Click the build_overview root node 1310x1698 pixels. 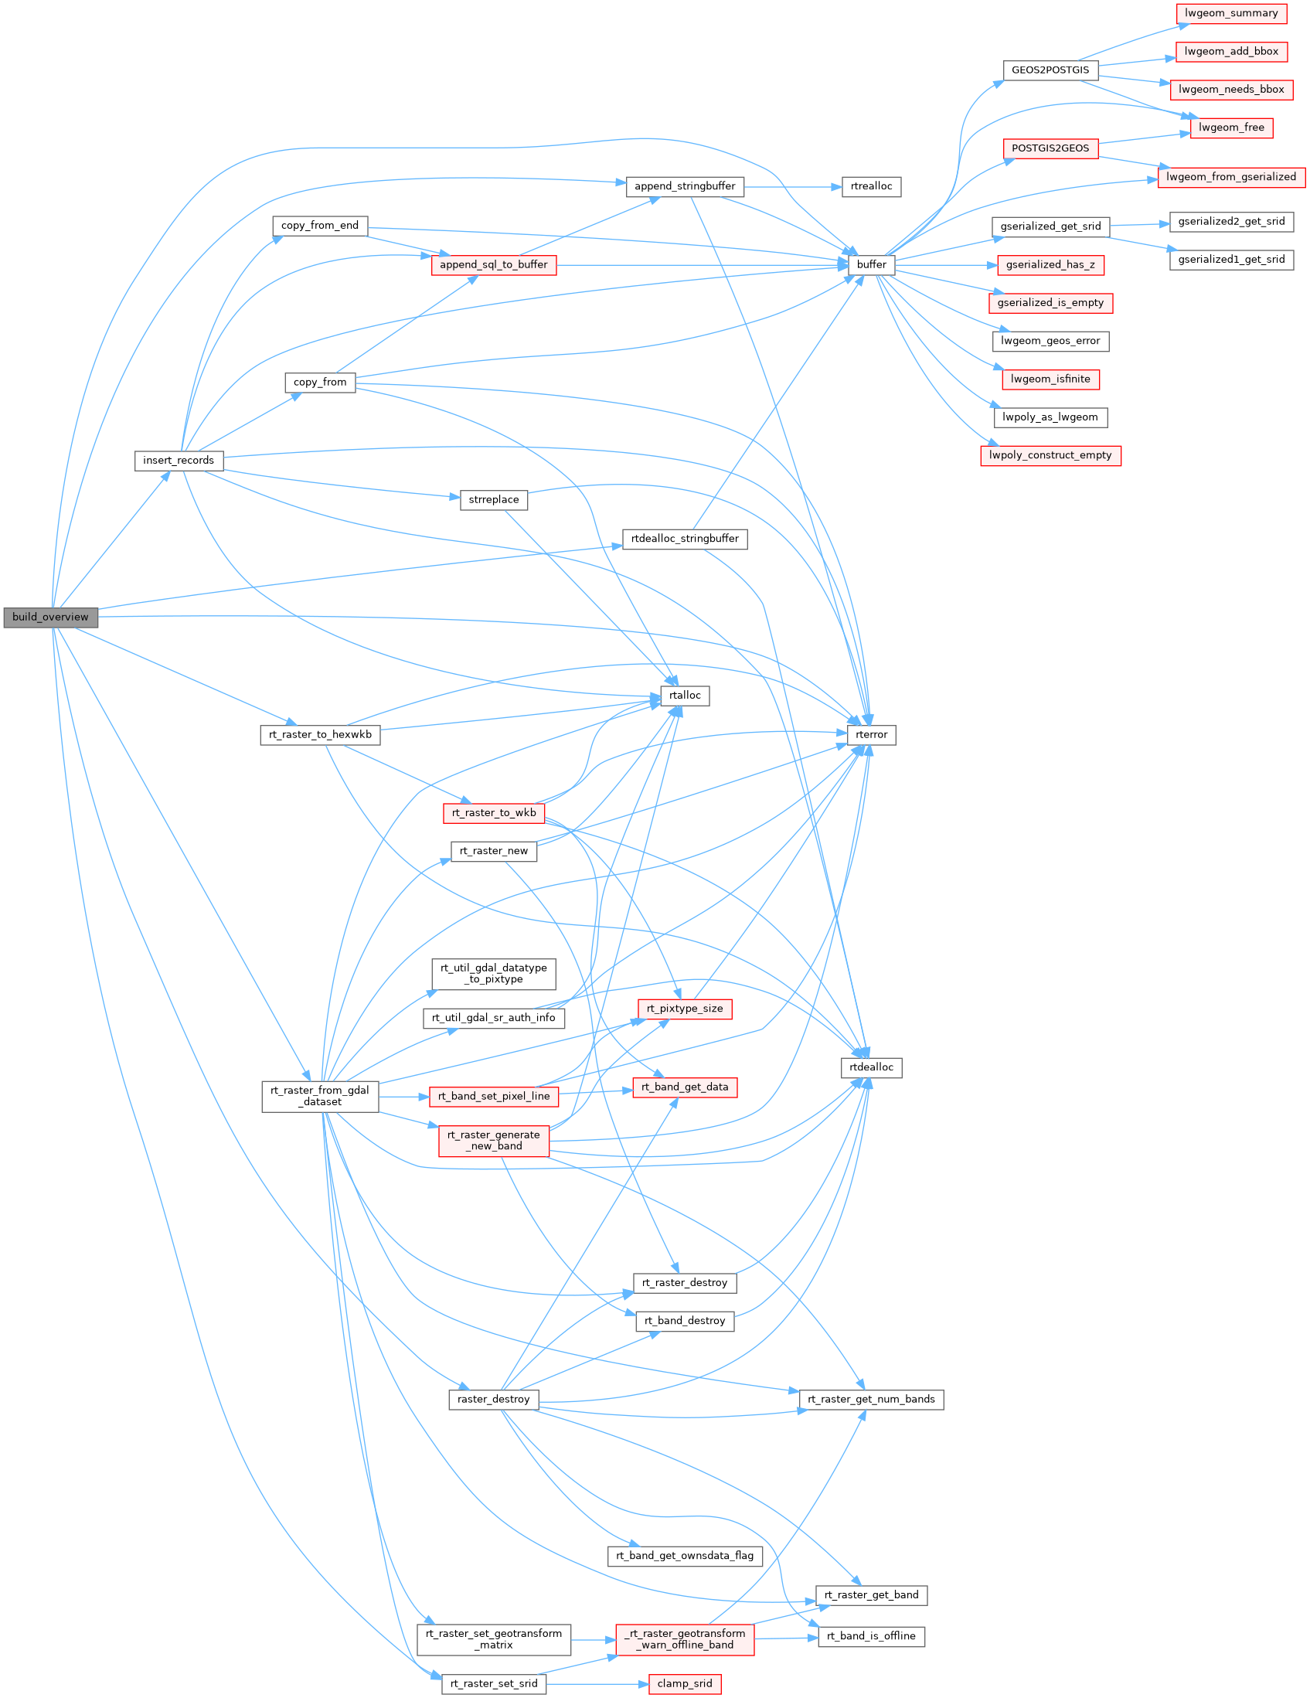[x=50, y=618]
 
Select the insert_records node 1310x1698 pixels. [x=178, y=461]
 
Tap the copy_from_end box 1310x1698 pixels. [x=319, y=226]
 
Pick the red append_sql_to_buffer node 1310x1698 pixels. [x=494, y=265]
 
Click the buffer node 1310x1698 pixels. [x=871, y=265]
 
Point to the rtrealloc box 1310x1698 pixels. [x=871, y=186]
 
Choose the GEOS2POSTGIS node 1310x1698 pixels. [x=1050, y=70]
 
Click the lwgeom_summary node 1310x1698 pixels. [x=1230, y=13]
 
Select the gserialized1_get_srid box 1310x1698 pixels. [x=1230, y=260]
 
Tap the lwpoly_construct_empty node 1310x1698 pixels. [x=1050, y=455]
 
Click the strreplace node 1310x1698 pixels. [x=494, y=500]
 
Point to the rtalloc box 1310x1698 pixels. [x=684, y=696]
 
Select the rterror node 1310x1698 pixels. [x=871, y=735]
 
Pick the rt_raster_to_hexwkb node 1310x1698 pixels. [x=319, y=735]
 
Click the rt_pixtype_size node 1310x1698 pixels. [x=684, y=1009]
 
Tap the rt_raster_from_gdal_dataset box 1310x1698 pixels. [x=319, y=1096]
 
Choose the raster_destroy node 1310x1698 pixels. [x=494, y=1400]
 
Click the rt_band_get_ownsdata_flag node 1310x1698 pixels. [x=684, y=1556]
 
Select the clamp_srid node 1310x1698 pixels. [x=684, y=1684]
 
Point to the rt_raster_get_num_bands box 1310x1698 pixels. [x=871, y=1400]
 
